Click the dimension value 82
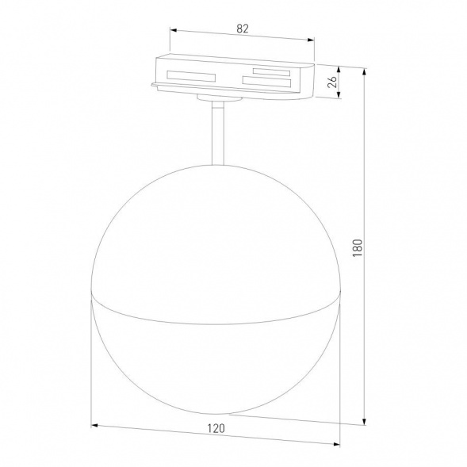243,29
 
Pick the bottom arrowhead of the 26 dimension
341,99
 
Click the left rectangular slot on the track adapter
191,77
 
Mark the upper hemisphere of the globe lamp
218,230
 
